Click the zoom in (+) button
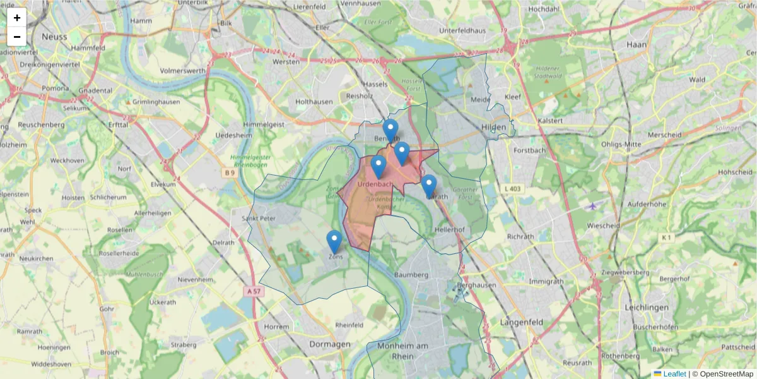pyautogui.click(x=17, y=18)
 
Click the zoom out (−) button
pyautogui.click(x=17, y=37)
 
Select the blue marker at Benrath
pyautogui.click(x=390, y=131)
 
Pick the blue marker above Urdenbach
pyautogui.click(x=378, y=167)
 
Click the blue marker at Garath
pyautogui.click(x=429, y=186)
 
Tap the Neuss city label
pyautogui.click(x=54, y=37)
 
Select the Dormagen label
pyautogui.click(x=330, y=344)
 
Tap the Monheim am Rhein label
pyautogui.click(x=402, y=351)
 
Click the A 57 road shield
pyautogui.click(x=254, y=291)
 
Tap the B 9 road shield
pyautogui.click(x=229, y=172)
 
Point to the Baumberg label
pyautogui.click(x=411, y=275)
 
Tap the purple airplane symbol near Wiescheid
pyautogui.click(x=592, y=206)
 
